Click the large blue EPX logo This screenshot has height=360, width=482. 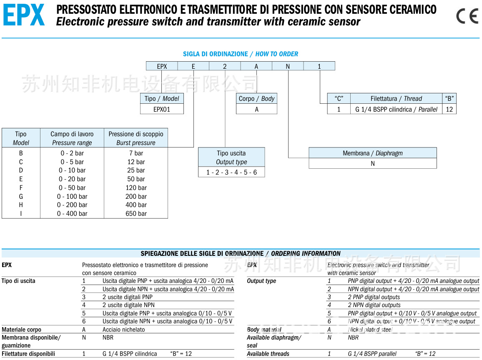pos(24,16)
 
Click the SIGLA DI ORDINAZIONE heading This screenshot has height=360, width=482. pos(215,54)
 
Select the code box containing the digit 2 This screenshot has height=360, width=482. pos(225,66)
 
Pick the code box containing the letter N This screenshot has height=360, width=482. pos(288,66)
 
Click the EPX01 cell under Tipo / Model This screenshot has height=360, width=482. pos(162,109)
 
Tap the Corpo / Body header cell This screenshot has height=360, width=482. pos(256,98)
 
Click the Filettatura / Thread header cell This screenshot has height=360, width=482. pos(396,98)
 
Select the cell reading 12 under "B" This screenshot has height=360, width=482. pos(449,109)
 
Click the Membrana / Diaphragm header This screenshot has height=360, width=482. pos(372,153)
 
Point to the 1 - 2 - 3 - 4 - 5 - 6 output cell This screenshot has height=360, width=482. pos(231,172)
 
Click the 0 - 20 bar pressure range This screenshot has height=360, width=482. pos(72,179)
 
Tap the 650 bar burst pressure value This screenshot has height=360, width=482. pos(136,213)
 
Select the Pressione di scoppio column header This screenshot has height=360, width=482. pos(136,138)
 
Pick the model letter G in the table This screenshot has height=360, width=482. pos(21,196)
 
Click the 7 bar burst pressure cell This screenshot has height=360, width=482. pos(136,153)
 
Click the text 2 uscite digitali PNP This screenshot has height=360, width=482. pos(128,297)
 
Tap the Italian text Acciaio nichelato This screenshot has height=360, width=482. pos(124,329)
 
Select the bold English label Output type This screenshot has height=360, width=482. pos(261,281)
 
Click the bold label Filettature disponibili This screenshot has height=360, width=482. pos(28,354)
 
